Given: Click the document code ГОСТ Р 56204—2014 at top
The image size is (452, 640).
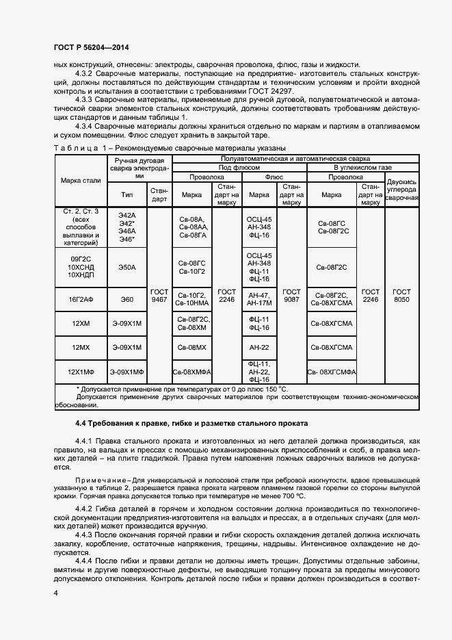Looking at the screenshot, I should click(x=91, y=48).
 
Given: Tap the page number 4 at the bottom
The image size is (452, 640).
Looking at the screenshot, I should click(x=55, y=593).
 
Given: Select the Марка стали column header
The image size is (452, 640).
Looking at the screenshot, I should click(x=79, y=180).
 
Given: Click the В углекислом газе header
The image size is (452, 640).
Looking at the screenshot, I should click(x=345, y=167).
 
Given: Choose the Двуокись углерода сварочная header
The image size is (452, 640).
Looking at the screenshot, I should click(x=401, y=190).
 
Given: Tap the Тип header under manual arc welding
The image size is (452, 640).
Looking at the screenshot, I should click(x=127, y=194).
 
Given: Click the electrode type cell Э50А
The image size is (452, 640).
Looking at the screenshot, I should click(x=127, y=268).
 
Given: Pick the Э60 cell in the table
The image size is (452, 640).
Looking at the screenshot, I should click(x=127, y=299).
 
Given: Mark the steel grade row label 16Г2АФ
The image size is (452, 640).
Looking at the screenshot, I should click(x=79, y=299).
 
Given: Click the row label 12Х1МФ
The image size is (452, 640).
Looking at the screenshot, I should click(x=79, y=372).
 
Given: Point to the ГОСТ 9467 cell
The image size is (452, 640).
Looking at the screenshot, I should click(x=159, y=295).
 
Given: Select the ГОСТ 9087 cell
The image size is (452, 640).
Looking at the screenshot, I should click(x=291, y=295).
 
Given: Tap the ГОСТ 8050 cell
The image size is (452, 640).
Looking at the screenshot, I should click(x=401, y=295).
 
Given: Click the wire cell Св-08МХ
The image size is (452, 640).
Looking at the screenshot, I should click(x=192, y=348).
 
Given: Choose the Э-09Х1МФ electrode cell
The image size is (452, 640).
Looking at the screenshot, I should click(x=127, y=372).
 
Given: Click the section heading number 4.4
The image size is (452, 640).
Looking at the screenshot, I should click(x=82, y=423).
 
